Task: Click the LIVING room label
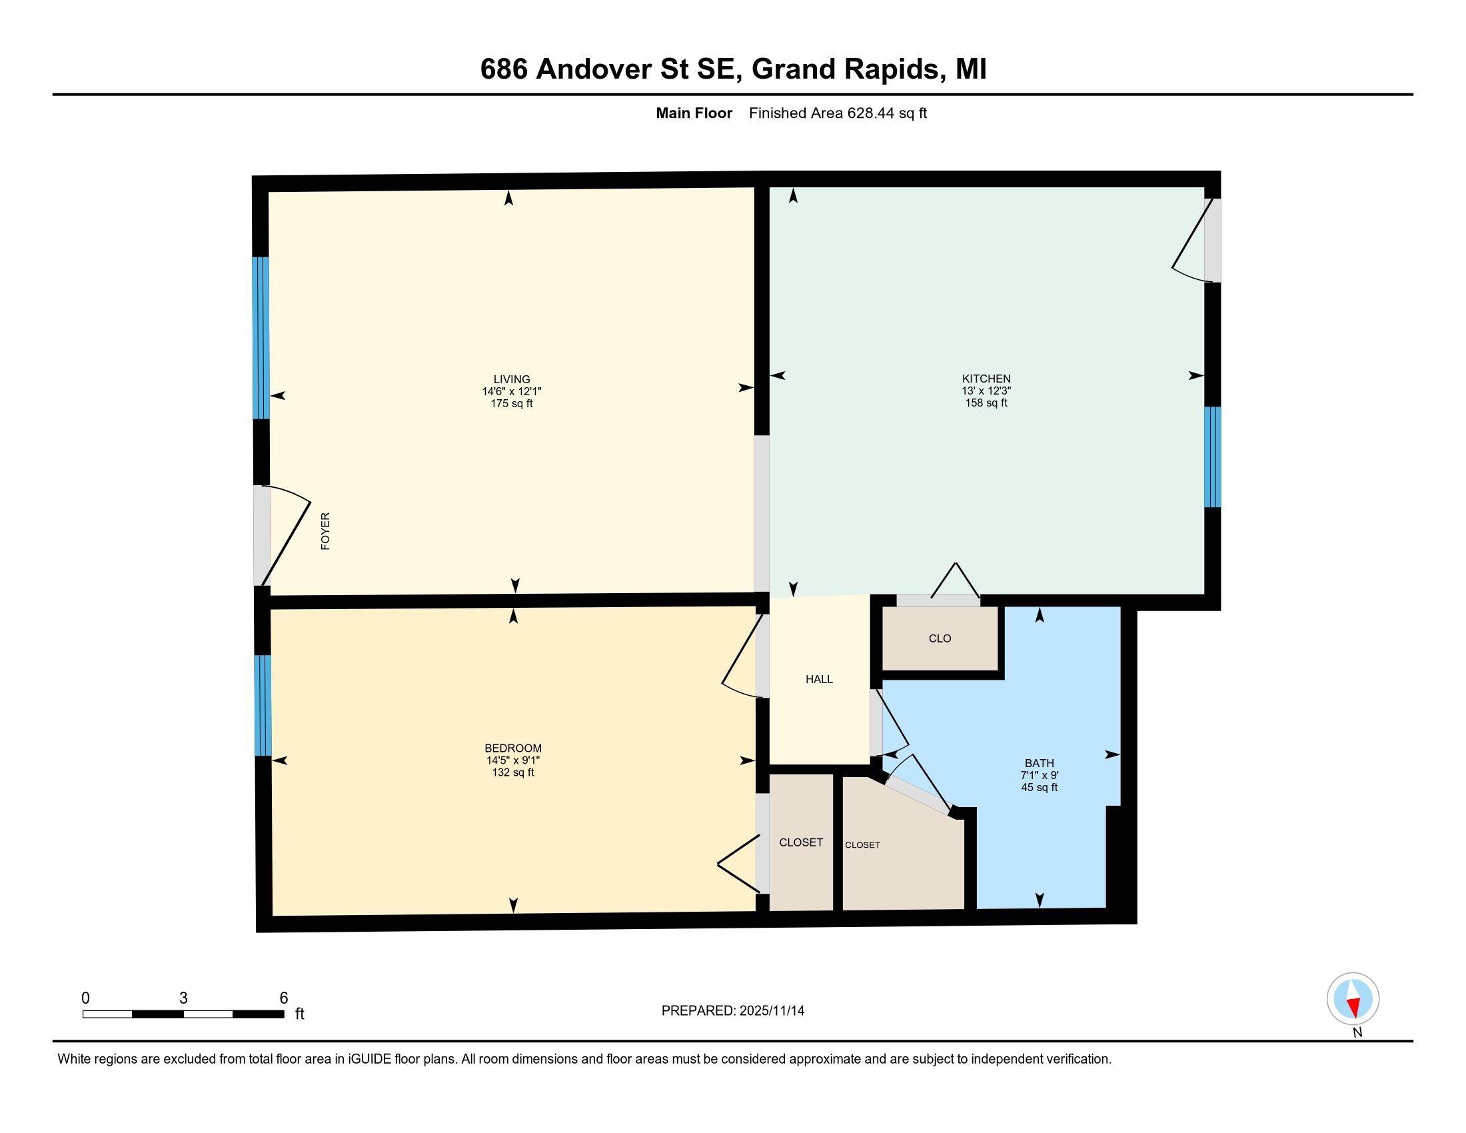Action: pyautogui.click(x=512, y=379)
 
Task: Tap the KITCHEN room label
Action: pyautogui.click(x=986, y=379)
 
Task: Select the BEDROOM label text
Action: pyautogui.click(x=513, y=748)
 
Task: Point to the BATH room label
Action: pyautogui.click(x=1039, y=763)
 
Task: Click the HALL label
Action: pyautogui.click(x=819, y=679)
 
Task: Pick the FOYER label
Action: pyautogui.click(x=326, y=531)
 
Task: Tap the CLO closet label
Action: pyautogui.click(x=940, y=638)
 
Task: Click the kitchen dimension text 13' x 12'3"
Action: pyautogui.click(x=986, y=391)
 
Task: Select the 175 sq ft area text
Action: pyautogui.click(x=512, y=403)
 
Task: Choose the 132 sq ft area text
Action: pyautogui.click(x=513, y=772)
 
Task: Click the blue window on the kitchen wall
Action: pyautogui.click(x=1211, y=457)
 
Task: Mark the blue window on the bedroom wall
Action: pyautogui.click(x=263, y=705)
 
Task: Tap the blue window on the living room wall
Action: pyautogui.click(x=261, y=339)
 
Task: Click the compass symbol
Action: pyautogui.click(x=1353, y=998)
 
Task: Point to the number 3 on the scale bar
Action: pyautogui.click(x=183, y=998)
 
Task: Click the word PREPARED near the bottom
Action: pyautogui.click(x=698, y=1011)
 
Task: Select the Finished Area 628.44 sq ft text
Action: pyautogui.click(x=838, y=113)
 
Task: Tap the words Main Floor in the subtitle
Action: pyautogui.click(x=694, y=113)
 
